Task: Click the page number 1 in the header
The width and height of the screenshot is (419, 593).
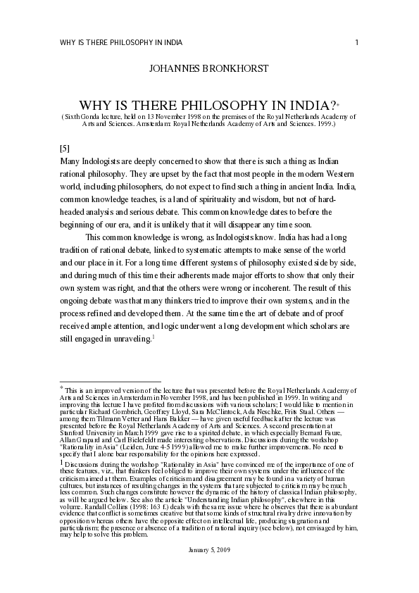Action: coord(357,42)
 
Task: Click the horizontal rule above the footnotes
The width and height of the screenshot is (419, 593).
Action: coord(111,380)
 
